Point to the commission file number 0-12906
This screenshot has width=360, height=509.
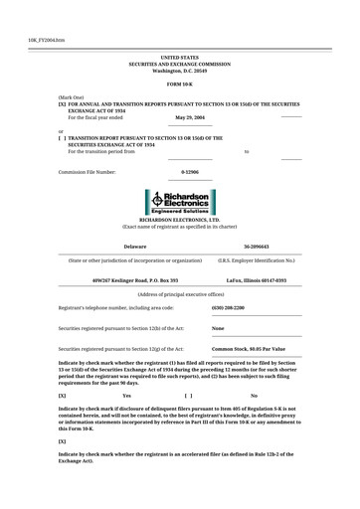189,171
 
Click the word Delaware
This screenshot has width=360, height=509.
134,245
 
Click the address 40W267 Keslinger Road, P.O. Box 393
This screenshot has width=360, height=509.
134,280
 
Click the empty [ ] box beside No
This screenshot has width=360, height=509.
188,396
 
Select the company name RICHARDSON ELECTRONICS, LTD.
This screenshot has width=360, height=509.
179,220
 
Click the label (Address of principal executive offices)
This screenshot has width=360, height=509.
179,294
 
